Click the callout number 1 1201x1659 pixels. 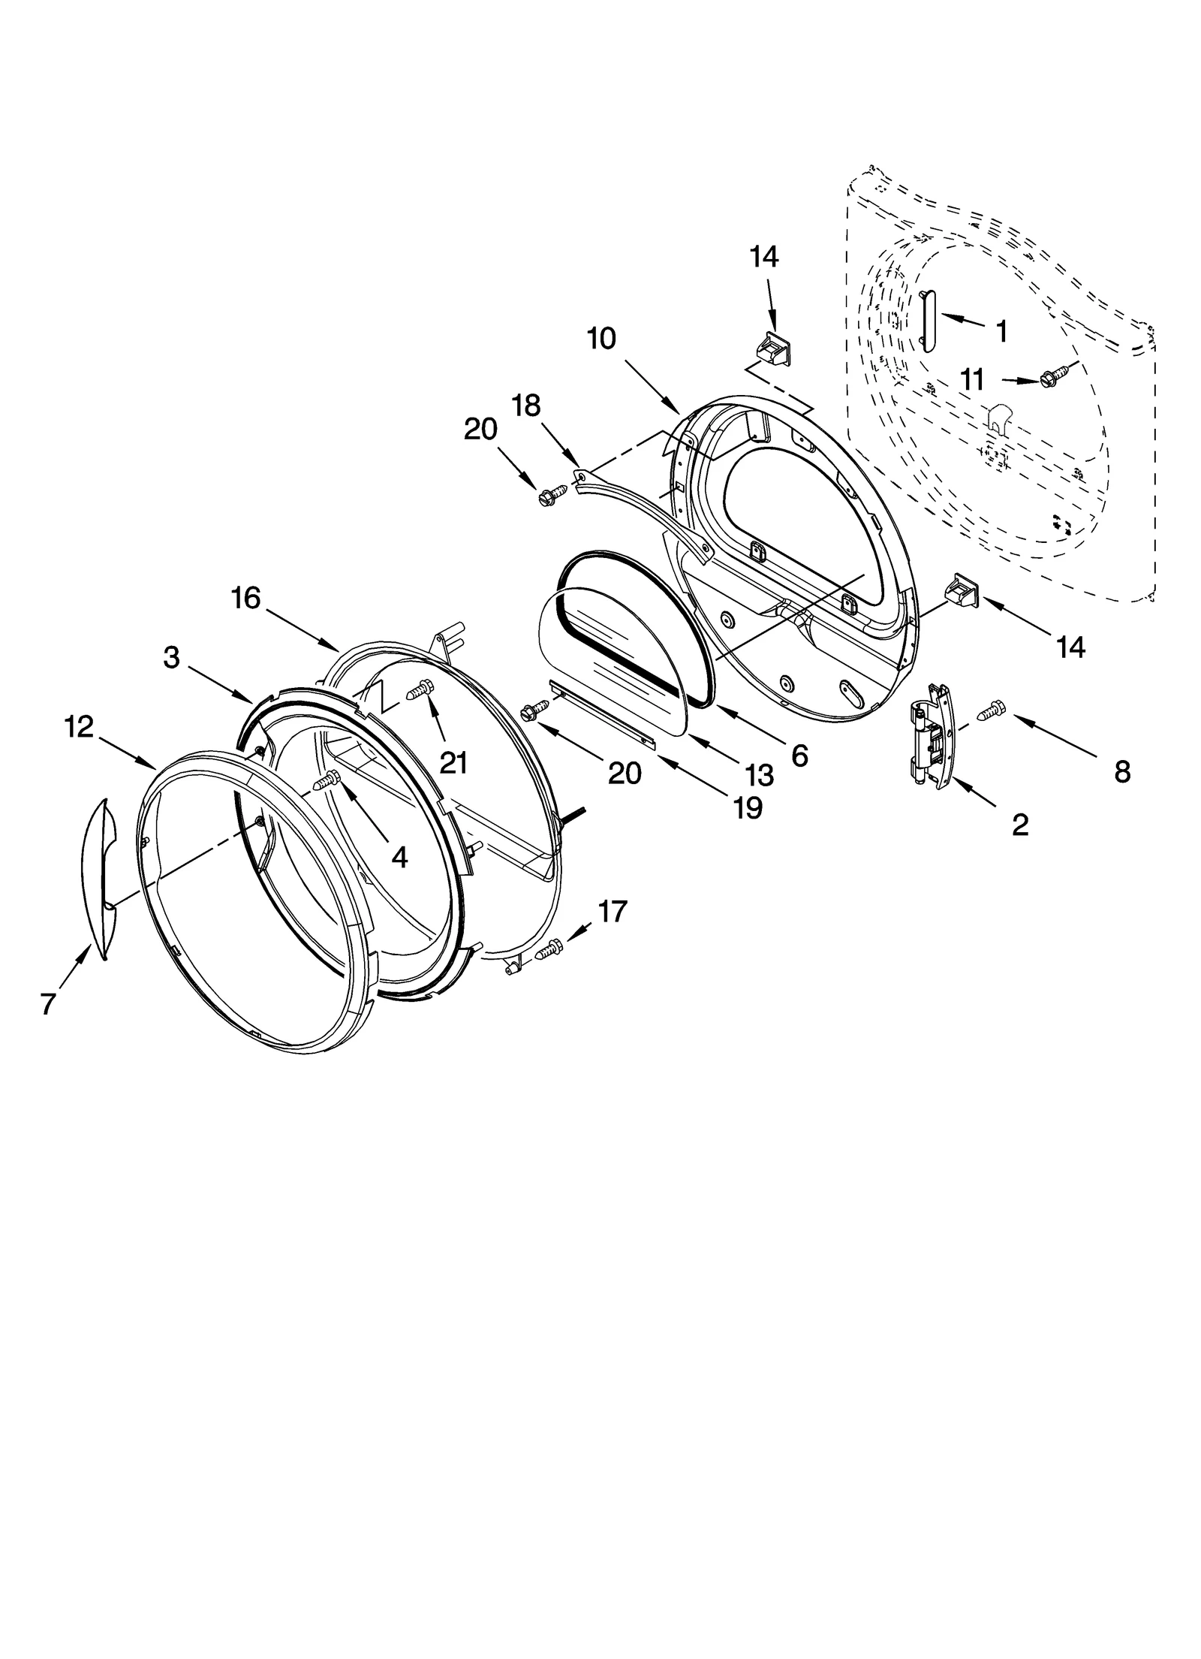tap(1001, 330)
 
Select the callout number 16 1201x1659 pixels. tap(245, 599)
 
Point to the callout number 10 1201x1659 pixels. tap(601, 339)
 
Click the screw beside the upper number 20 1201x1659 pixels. tap(546, 496)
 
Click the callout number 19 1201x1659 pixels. tap(748, 807)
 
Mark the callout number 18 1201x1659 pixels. tap(525, 406)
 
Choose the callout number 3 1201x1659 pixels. tap(172, 657)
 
